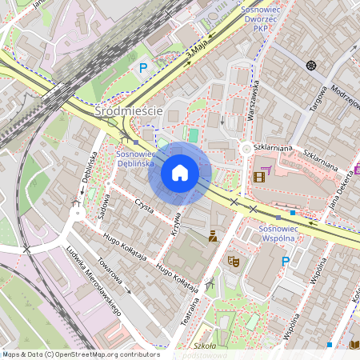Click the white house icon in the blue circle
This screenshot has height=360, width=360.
(x=180, y=173)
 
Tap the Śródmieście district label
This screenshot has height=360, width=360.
(x=129, y=111)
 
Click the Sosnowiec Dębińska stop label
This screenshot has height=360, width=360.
(x=135, y=157)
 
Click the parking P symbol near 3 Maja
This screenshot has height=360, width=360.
(x=144, y=68)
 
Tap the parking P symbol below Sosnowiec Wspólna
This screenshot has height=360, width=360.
(x=285, y=262)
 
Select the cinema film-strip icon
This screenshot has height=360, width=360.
(x=258, y=177)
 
